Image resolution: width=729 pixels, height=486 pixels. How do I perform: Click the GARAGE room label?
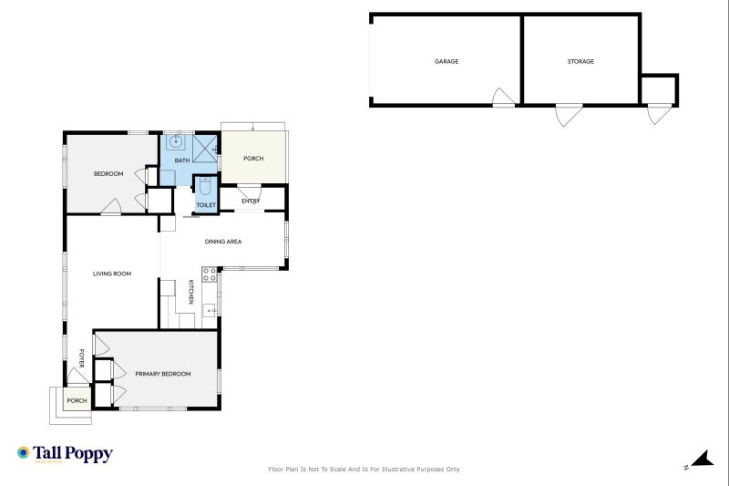coord(447,61)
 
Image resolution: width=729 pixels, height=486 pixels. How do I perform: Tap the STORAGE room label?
coord(580,61)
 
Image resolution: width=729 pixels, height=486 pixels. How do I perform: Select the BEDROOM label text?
coord(108,174)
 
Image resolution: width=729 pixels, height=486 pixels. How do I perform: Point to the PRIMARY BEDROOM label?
coord(163,374)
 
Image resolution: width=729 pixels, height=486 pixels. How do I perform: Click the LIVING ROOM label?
coord(112,274)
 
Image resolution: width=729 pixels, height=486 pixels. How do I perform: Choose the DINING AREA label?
coord(223,242)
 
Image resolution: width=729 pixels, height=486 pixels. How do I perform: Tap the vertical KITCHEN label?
coord(191,292)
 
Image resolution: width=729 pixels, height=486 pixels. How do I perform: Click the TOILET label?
coord(206,205)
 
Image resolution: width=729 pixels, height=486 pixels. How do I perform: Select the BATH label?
coord(182,160)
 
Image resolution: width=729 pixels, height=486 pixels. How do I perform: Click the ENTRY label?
coord(251,201)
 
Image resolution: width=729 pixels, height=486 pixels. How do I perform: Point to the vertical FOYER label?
coord(81,358)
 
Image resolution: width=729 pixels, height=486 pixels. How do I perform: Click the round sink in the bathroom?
coord(176,142)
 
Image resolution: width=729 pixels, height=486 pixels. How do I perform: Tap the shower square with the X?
coord(204,149)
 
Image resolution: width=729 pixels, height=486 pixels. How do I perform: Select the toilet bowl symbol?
coord(205,187)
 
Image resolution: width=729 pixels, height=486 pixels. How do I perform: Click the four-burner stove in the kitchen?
coord(210,274)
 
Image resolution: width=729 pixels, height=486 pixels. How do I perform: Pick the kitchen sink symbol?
coord(210,310)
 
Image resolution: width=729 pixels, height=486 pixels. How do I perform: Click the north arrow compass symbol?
coord(702,459)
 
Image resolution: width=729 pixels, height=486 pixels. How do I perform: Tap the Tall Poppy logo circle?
coord(24,452)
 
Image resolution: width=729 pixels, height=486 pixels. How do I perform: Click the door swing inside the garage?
coord(504,97)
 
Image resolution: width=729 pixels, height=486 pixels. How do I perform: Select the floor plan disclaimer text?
coord(364,470)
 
